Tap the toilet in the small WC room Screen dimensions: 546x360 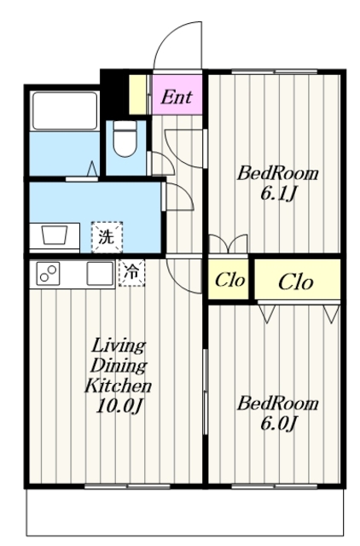[125, 139]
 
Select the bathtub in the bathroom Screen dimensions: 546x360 [65, 110]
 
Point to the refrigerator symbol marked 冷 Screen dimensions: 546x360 [131, 273]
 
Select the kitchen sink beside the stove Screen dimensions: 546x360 [99, 274]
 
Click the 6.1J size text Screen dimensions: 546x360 [278, 193]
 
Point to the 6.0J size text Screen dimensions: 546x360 [278, 421]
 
